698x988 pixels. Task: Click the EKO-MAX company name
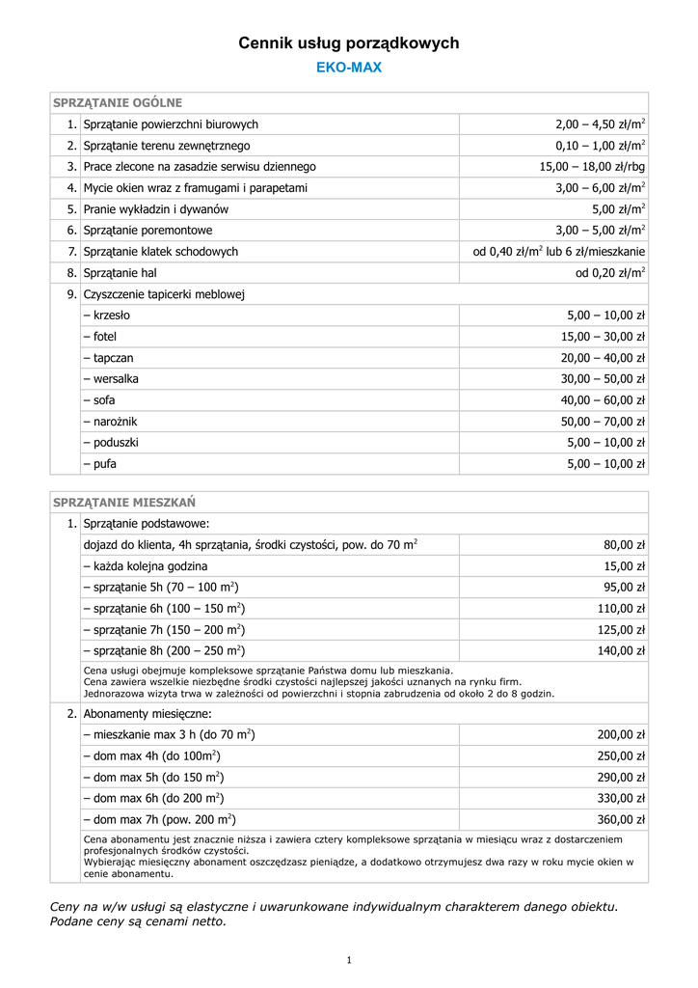point(349,68)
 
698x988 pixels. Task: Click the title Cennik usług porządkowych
point(349,43)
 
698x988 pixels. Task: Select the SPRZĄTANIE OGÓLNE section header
point(118,102)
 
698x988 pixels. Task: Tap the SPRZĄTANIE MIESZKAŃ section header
point(124,502)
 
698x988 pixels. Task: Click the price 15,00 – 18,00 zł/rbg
point(592,167)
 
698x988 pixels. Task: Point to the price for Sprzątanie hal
point(610,273)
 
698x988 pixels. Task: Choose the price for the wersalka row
point(603,379)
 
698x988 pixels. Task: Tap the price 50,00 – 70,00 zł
point(603,422)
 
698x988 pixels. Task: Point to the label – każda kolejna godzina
point(146,566)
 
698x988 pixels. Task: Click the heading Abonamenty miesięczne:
point(148,714)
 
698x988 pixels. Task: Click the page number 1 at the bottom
point(349,960)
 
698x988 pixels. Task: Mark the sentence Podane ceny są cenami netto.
point(139,921)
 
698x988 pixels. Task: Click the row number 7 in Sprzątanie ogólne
point(71,252)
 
